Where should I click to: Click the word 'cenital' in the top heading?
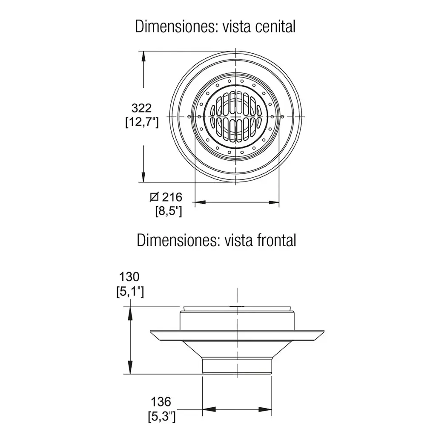(x=275, y=26)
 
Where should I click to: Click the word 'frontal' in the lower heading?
(x=276, y=240)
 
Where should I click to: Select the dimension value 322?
(x=141, y=108)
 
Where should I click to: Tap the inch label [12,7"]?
(x=142, y=122)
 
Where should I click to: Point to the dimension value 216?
(x=172, y=197)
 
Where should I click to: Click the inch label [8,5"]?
(x=169, y=211)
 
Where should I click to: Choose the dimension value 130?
(x=129, y=277)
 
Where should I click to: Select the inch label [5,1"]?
(x=130, y=291)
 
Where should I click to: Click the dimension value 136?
(x=161, y=402)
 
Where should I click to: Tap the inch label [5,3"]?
(x=162, y=417)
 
